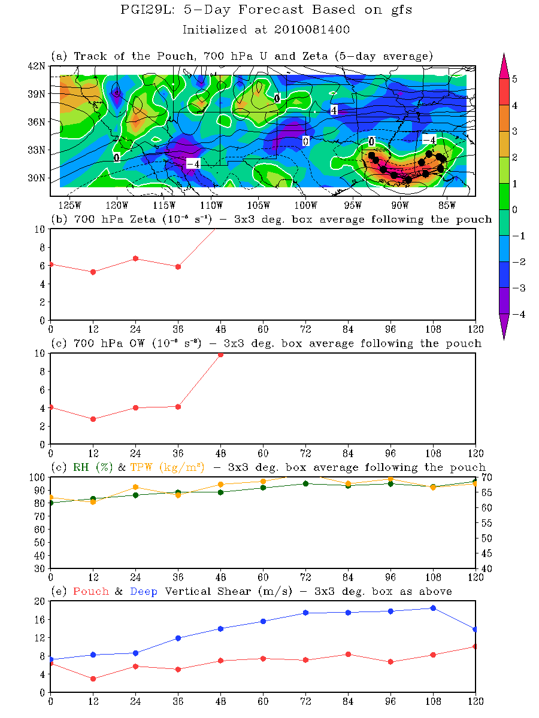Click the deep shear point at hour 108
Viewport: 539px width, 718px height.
click(433, 608)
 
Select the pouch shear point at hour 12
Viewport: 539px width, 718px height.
click(93, 679)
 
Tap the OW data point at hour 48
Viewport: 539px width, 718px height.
click(220, 354)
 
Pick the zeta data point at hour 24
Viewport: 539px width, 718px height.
click(135, 258)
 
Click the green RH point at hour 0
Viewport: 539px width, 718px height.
click(51, 503)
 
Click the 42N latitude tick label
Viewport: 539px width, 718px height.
click(38, 66)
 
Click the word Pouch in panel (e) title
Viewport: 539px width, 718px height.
click(90, 591)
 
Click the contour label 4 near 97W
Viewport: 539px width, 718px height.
click(334, 109)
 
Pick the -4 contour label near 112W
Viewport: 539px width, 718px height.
click(192, 164)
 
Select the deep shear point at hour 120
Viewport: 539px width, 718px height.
click(476, 629)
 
